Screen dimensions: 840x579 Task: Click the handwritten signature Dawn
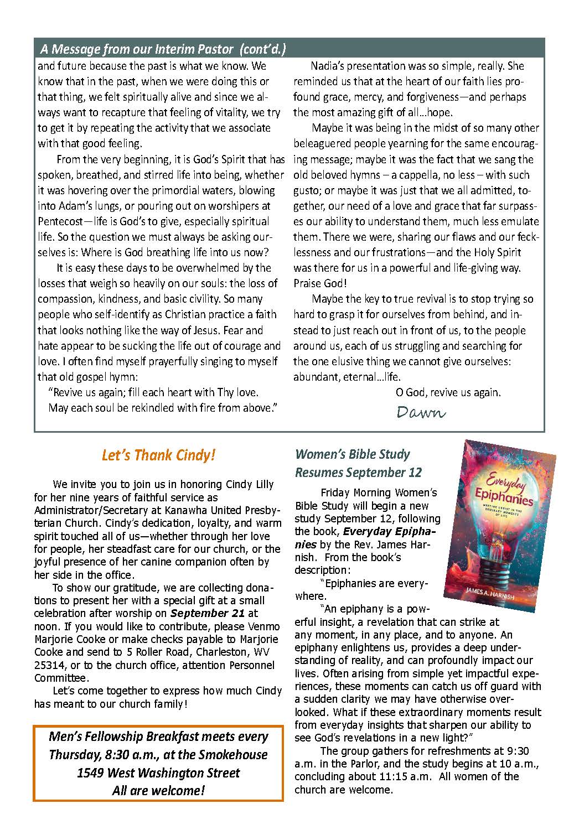pos(421,412)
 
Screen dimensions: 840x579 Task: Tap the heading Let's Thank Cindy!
pos(158,455)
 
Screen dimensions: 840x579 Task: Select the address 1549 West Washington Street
pos(158,772)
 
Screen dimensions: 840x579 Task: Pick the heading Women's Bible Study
pos(353,454)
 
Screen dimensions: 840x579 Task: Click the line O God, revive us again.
pos(448,392)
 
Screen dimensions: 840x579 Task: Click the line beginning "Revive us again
pos(153,392)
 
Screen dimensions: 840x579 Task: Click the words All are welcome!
pos(158,790)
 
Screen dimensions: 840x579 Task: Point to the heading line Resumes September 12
pos(358,473)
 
